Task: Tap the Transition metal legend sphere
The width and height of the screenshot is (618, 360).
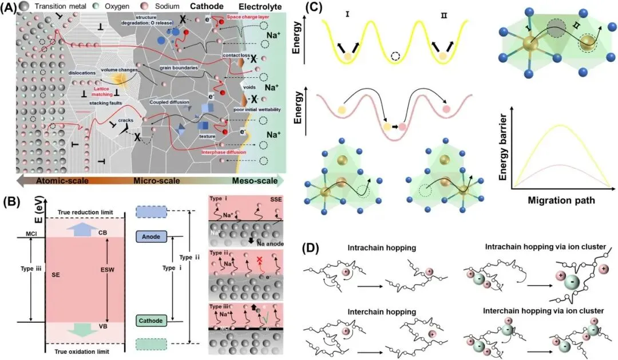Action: pyautogui.click(x=23, y=5)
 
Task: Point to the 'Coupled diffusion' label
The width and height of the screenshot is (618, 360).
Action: pyautogui.click(x=171, y=102)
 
